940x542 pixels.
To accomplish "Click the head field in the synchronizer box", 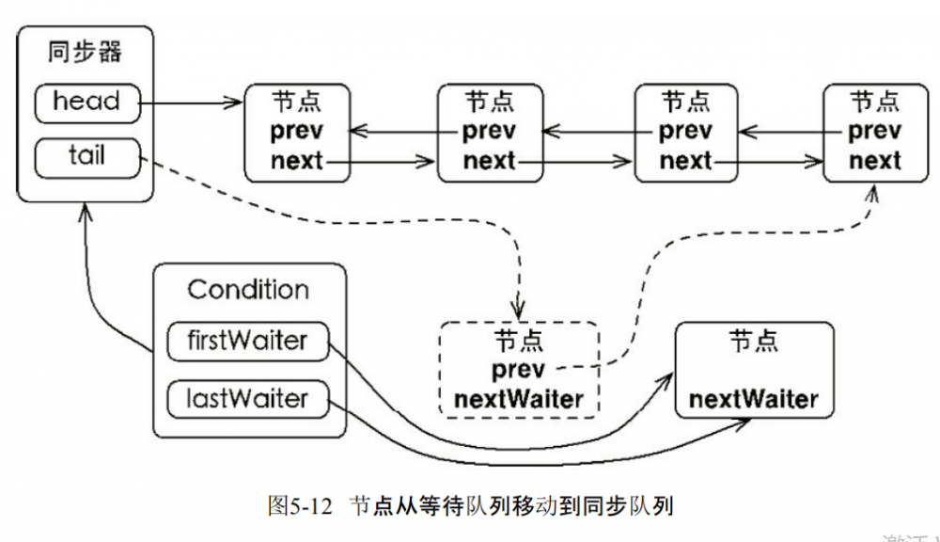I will pos(86,103).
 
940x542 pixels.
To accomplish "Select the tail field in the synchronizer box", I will pos(86,156).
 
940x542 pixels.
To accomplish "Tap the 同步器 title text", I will pos(86,52).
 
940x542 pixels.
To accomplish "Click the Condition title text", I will pos(248,289).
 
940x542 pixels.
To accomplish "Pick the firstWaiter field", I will pos(247,341).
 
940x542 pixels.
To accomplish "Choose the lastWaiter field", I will pos(247,399).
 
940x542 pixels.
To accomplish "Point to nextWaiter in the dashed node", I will pos(518,400).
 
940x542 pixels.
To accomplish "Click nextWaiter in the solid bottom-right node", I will pos(753,399).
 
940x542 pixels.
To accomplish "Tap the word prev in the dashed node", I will pos(518,371).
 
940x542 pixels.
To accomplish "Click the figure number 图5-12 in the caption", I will pos(301,505).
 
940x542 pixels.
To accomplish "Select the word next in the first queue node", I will pos(296,161).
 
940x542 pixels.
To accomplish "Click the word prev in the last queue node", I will pos(874,131).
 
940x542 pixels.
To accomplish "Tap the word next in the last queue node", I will pos(874,161).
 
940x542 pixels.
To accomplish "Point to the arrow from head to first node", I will pos(193,102).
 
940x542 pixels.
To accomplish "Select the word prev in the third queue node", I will pos(685,131).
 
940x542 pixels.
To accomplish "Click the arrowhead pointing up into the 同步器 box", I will pos(86,215).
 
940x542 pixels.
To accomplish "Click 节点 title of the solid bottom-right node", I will pos(753,342).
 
